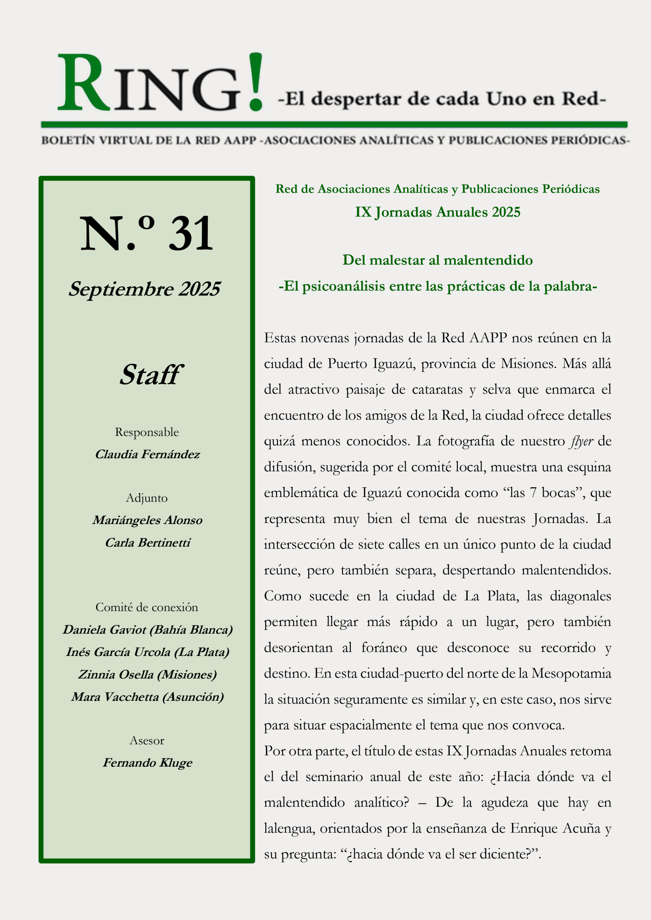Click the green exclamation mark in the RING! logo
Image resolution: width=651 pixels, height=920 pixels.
click(255, 82)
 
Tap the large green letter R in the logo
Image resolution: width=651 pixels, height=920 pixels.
click(83, 83)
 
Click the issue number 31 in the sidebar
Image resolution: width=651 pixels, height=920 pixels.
click(191, 233)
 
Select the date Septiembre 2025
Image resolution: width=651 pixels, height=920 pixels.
click(144, 289)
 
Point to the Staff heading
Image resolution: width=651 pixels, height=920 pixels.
click(151, 375)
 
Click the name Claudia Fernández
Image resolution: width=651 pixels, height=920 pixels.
click(147, 454)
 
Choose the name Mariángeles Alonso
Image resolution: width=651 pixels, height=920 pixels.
click(147, 520)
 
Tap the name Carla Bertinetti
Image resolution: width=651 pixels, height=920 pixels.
click(147, 542)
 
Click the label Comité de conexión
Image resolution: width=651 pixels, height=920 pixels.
click(147, 607)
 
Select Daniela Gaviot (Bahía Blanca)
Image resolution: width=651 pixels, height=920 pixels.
click(147, 630)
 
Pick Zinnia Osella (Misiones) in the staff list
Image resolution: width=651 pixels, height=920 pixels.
click(147, 675)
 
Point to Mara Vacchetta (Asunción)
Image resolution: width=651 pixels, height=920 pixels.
click(147, 697)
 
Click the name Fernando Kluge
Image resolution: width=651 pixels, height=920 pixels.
click(147, 763)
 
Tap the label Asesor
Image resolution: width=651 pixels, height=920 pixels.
click(147, 740)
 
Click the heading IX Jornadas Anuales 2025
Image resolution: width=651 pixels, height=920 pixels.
click(437, 212)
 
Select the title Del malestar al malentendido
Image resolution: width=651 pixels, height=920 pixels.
click(437, 260)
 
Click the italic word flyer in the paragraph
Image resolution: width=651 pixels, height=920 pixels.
click(581, 441)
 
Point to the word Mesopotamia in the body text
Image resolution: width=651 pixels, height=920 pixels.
click(571, 673)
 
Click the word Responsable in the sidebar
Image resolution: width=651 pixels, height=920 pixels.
click(147, 432)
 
